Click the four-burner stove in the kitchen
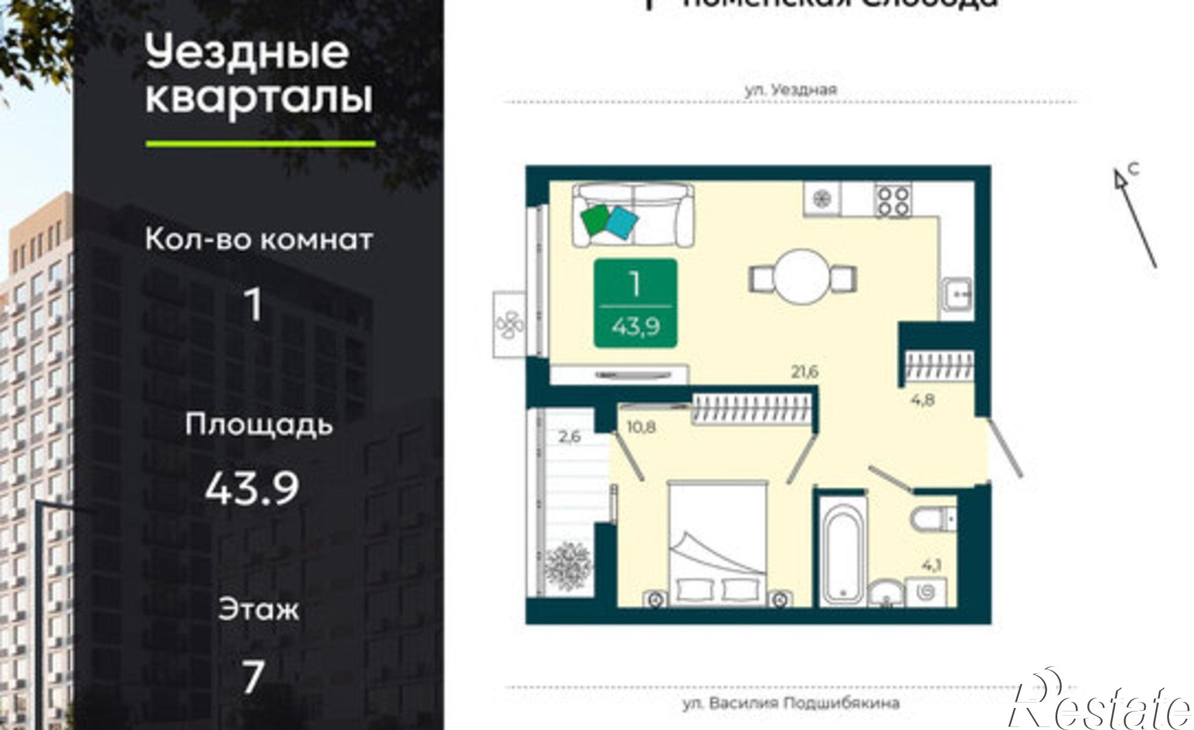pos(893,201)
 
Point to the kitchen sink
pos(958,294)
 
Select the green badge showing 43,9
pos(635,303)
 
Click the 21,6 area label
pos(804,372)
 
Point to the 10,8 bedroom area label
pos(641,427)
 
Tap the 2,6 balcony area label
pos(570,436)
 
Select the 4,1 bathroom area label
pos(931,564)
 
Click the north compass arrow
pos(1134,218)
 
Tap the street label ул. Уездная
pos(791,90)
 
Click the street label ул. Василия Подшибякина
pos(791,704)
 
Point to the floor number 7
pos(253,677)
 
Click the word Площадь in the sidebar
pos(258,425)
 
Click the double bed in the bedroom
pos(716,543)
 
